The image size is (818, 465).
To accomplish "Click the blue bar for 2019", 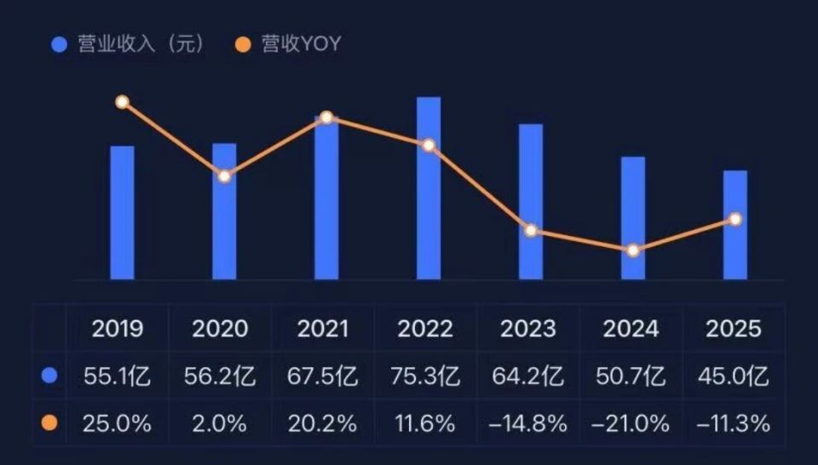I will [122, 213].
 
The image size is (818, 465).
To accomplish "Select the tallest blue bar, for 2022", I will [429, 188].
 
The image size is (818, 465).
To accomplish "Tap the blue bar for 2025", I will [735, 225].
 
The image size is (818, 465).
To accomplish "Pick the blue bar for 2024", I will [633, 218].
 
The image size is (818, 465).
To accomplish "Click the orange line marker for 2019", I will [122, 102].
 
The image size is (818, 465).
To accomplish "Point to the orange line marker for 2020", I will [224, 176].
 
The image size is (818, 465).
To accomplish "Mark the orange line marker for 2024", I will [633, 250].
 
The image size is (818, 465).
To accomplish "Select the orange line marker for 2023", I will [531, 231].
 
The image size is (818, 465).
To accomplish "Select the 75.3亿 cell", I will [425, 376].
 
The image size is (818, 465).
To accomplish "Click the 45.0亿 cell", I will [734, 376].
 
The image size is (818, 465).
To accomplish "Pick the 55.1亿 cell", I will [118, 376].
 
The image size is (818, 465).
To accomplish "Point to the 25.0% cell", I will [118, 423].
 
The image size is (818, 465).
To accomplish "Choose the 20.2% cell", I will [323, 423].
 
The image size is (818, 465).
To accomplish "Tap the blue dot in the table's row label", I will [49, 376].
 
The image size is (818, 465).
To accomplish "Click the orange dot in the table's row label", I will [49, 423].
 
